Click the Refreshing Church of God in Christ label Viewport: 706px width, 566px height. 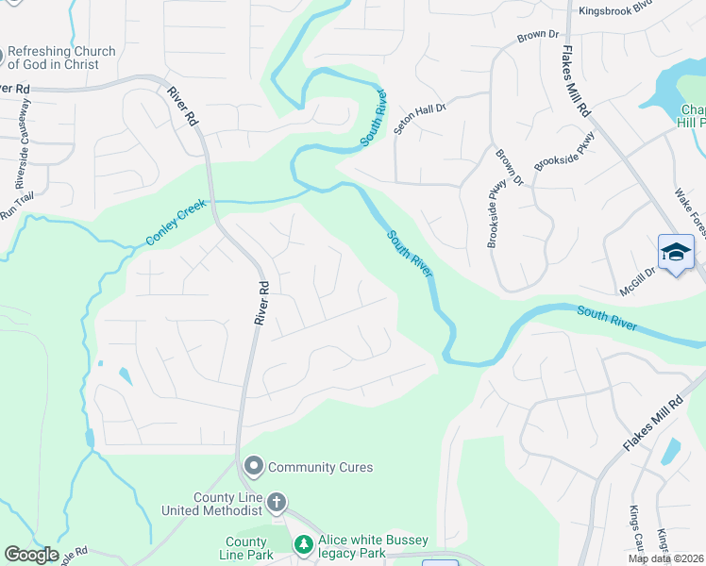(62, 58)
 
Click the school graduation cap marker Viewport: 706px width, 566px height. (676, 252)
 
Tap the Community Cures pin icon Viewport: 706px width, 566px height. (253, 466)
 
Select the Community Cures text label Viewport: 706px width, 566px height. (321, 467)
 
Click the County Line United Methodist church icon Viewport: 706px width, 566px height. (277, 501)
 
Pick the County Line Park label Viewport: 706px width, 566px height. (245, 548)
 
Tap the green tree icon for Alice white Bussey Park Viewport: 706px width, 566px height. (303, 544)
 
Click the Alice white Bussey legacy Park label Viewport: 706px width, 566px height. (373, 546)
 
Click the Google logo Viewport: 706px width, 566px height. (31, 555)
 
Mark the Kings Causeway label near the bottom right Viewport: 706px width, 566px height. (634, 530)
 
